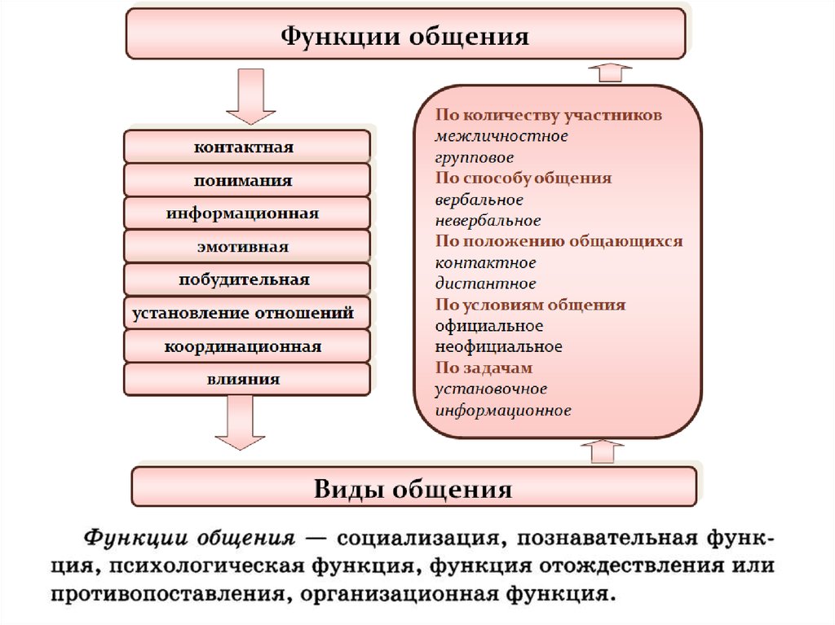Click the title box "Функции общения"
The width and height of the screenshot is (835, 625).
point(405,33)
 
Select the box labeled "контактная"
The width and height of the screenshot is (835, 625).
point(246,147)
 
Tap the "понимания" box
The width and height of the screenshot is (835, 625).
point(246,180)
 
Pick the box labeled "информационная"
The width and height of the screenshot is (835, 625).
point(246,213)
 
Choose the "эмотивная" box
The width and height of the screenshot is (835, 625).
point(246,246)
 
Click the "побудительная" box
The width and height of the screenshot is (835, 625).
point(246,279)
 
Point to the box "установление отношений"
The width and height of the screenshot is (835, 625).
point(246,313)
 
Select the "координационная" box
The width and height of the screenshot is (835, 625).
point(246,346)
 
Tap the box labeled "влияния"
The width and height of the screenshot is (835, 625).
point(246,379)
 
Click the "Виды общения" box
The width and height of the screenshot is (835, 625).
point(413,486)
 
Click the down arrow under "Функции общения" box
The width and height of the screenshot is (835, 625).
point(251,96)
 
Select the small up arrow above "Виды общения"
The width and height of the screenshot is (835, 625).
point(603,451)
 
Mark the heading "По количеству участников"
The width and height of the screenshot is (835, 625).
point(549,114)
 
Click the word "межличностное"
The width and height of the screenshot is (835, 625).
point(501,136)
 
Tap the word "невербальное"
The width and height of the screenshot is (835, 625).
point(488,220)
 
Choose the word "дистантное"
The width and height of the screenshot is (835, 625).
point(486,284)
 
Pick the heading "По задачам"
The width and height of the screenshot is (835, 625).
point(484,368)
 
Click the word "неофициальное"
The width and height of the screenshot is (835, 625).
point(498,346)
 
